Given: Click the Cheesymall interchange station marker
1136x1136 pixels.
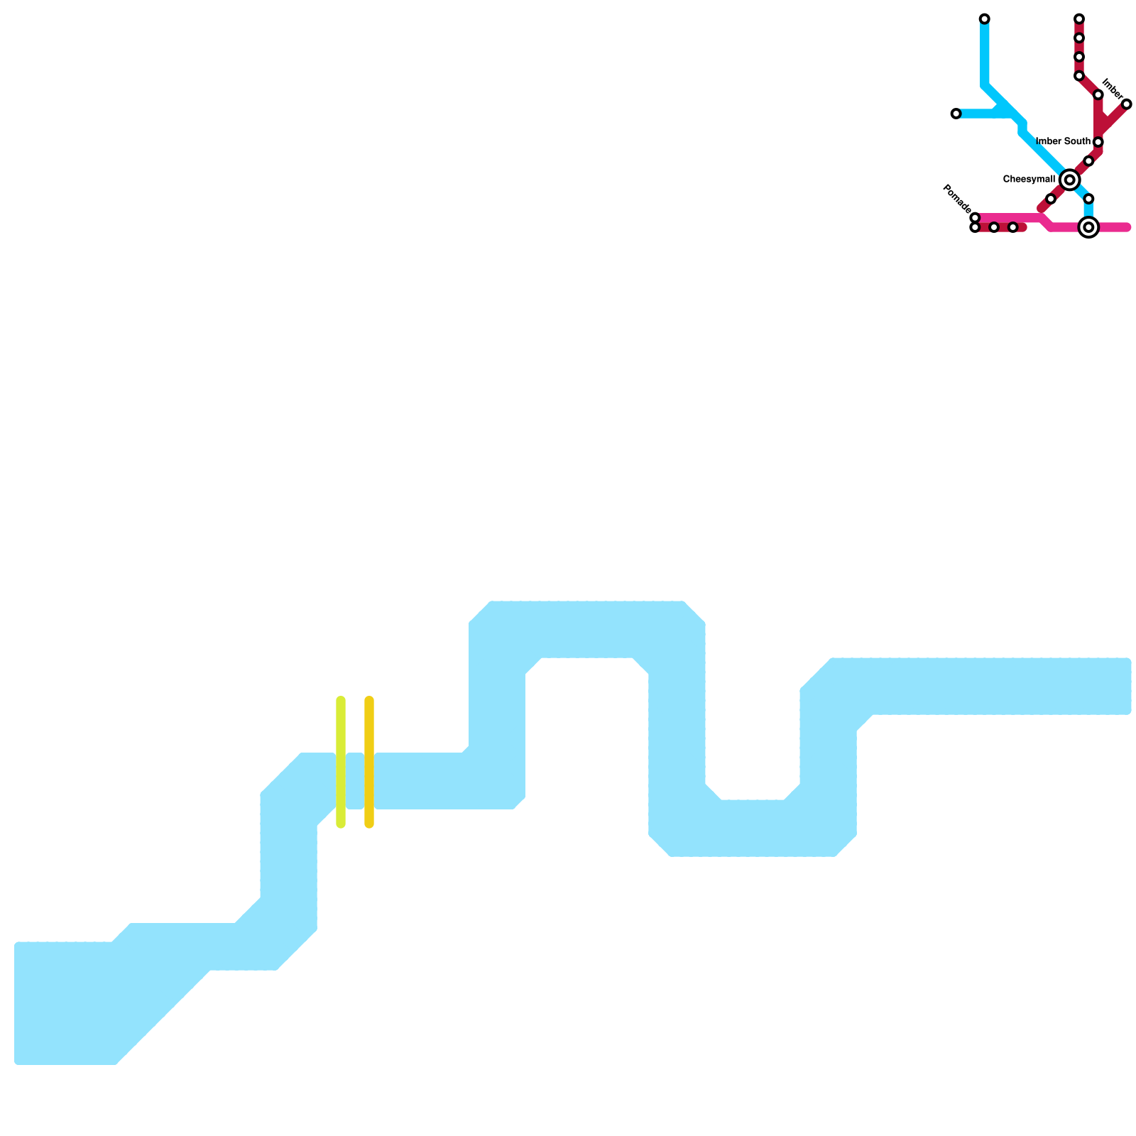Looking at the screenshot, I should (1069, 180).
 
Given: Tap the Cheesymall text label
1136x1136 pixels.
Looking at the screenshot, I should (1029, 180).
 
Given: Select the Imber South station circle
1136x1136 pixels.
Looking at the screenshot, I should (1098, 142).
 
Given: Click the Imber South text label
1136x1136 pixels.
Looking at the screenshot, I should (1063, 142).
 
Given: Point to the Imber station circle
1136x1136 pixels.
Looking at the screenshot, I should (1126, 104).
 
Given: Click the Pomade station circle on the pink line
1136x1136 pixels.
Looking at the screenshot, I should (975, 217).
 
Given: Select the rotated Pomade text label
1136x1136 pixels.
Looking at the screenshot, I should (956, 198).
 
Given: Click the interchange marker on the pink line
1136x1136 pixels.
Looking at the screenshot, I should (1088, 227).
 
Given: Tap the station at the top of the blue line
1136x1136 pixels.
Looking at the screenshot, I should (984, 18).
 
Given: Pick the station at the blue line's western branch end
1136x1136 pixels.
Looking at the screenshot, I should (956, 114).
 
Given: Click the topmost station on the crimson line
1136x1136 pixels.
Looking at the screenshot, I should (1078, 18).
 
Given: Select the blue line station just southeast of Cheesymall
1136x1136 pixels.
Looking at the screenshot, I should (1088, 199).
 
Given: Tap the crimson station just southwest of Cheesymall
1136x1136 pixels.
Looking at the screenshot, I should (1051, 199).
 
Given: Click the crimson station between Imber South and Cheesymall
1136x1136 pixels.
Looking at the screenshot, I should (1088, 161).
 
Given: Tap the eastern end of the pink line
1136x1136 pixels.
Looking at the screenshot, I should (1126, 227).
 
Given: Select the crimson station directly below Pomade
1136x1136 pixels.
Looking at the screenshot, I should (975, 227).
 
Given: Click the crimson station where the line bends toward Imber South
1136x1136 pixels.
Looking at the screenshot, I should (1098, 95).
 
